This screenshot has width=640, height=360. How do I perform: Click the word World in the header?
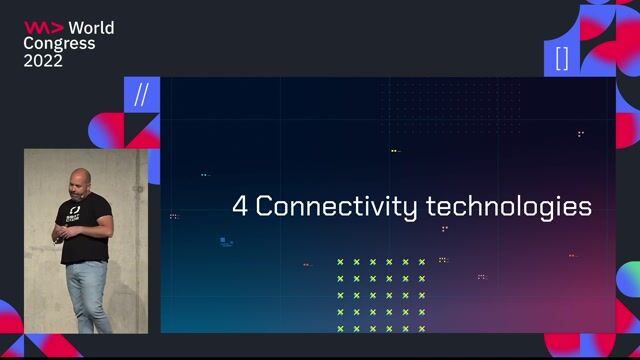[x=90, y=27]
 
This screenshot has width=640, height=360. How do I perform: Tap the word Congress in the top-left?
[x=59, y=43]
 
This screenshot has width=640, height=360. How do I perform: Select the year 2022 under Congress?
[x=43, y=60]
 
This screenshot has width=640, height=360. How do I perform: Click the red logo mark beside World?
[x=44, y=27]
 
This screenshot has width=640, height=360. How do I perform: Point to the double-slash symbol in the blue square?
[x=141, y=95]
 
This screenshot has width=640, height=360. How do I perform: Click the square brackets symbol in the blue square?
[x=562, y=58]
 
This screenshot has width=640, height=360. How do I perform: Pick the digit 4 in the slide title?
[x=240, y=207]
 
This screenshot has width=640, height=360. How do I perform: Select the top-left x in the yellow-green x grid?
[x=340, y=262]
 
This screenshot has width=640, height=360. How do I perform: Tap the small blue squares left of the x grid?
[x=227, y=241]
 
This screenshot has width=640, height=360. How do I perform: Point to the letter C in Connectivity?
[x=265, y=207]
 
